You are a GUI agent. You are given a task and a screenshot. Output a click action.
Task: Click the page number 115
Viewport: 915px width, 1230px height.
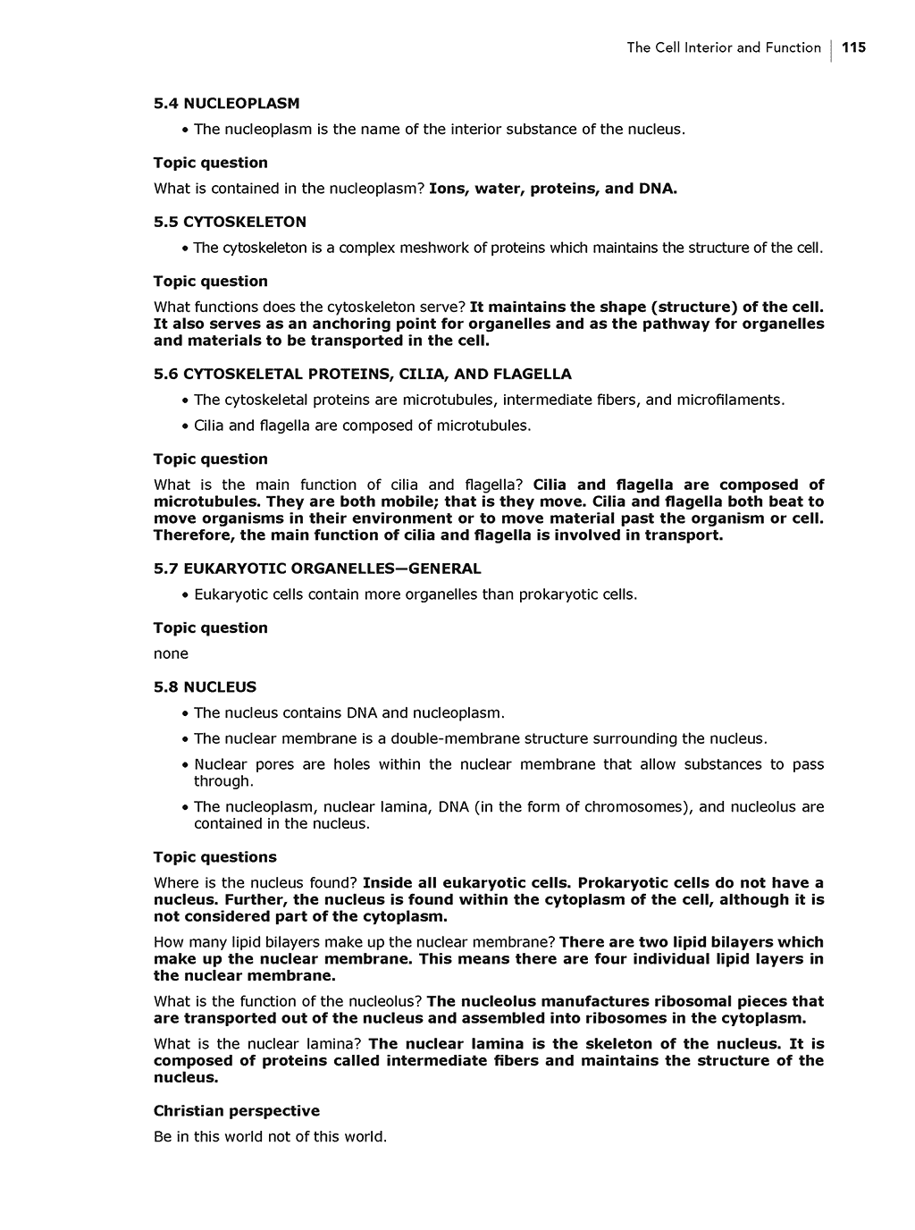pos(853,48)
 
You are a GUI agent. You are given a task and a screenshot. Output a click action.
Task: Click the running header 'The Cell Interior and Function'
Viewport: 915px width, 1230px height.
pos(723,48)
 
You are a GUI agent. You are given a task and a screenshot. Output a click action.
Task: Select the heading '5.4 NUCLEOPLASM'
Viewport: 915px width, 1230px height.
pos(226,104)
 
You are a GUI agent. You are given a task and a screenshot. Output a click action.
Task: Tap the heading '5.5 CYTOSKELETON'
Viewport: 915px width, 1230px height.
pos(230,222)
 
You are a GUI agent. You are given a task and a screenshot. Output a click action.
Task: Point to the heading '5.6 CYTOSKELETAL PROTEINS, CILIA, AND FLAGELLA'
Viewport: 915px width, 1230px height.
pos(362,374)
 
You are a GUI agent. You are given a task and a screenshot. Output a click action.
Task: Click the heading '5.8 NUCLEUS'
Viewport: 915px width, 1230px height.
pos(205,687)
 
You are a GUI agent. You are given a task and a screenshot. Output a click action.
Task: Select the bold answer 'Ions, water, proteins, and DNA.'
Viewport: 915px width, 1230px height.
pos(552,189)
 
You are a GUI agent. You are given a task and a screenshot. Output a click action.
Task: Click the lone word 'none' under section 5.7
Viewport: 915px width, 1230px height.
pos(171,653)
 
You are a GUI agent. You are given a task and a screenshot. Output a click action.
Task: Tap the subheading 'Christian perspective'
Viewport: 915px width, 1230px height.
pos(236,1111)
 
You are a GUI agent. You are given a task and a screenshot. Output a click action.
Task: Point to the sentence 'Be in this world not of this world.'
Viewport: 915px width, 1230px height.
pos(270,1137)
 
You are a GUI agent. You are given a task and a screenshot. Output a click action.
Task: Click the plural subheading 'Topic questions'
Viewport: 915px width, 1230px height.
pos(214,857)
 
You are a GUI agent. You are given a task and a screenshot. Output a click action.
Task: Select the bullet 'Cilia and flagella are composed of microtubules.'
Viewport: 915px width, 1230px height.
pos(362,425)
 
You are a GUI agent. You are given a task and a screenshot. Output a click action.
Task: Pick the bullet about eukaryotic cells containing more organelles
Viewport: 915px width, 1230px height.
pos(416,594)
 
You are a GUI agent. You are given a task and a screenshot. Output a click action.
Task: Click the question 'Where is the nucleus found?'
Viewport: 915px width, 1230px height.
pos(256,882)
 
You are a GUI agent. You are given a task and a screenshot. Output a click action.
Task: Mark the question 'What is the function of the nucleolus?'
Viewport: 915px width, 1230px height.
pos(288,1001)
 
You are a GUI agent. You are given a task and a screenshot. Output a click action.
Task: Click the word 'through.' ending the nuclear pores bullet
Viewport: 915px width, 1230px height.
pos(223,781)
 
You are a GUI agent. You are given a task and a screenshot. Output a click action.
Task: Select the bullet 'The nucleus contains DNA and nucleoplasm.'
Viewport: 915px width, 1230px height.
pos(348,713)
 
